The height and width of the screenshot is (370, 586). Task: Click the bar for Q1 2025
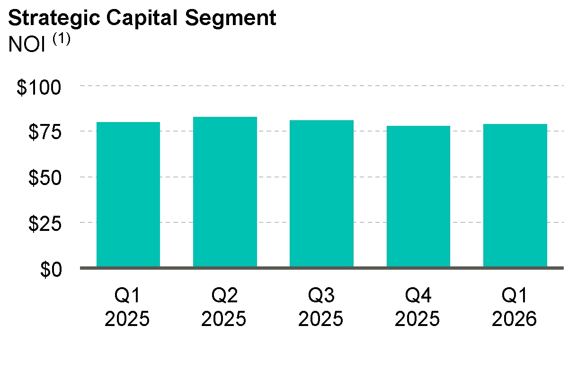[128, 194]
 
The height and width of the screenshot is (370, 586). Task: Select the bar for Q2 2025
[225, 192]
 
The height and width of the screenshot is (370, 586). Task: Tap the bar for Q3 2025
[321, 194]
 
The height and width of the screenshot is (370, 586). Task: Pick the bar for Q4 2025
[418, 196]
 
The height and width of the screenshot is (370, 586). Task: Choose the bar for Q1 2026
[515, 195]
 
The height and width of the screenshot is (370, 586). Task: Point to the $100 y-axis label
[39, 88]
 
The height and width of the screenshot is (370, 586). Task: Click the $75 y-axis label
[45, 132]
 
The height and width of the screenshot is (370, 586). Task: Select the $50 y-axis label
[45, 178]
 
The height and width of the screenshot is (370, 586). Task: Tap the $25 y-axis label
[45, 224]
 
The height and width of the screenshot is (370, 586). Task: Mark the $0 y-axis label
[51, 270]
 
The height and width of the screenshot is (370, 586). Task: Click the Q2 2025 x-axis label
[224, 307]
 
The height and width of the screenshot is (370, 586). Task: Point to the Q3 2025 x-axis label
[321, 307]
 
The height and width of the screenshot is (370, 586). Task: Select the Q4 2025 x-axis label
[417, 307]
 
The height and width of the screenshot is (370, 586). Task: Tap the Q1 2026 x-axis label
[515, 307]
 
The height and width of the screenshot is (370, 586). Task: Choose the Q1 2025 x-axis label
[127, 307]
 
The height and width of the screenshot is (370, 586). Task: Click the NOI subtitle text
[27, 44]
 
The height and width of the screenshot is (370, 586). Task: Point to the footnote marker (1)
[62, 39]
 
